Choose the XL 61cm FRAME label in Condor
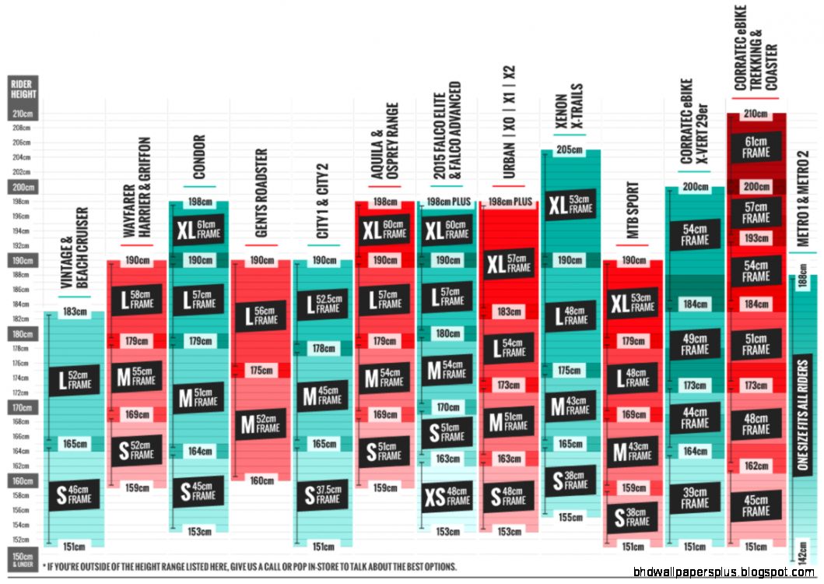coord(198,230)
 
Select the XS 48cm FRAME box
coord(447,496)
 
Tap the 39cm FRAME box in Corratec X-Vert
coord(695,498)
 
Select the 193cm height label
coord(756,237)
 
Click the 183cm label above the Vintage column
coord(75,312)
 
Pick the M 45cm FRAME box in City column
coord(321,396)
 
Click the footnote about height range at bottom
coord(249,566)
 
